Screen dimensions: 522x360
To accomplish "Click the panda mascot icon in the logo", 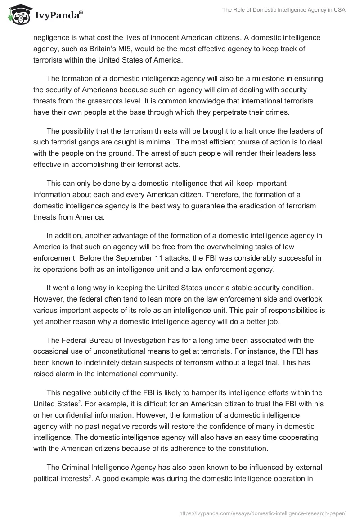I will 17,14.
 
